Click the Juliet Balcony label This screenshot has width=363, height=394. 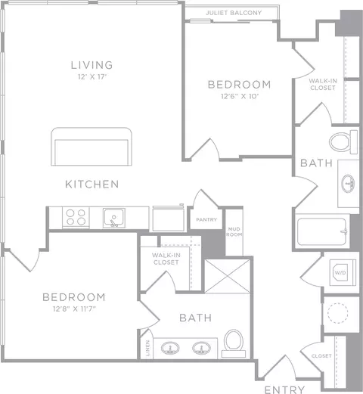(x=234, y=13)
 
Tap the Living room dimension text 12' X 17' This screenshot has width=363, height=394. (x=92, y=77)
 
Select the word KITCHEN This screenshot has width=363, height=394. (x=92, y=185)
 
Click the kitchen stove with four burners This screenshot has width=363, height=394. (x=76, y=217)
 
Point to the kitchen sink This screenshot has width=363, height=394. (x=114, y=218)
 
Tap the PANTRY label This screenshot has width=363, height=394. (x=206, y=219)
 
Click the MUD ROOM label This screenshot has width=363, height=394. (x=234, y=231)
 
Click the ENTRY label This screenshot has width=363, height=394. (x=284, y=389)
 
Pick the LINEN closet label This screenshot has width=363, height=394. (x=147, y=348)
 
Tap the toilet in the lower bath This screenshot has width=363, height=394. (x=234, y=343)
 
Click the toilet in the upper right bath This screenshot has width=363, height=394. (x=343, y=142)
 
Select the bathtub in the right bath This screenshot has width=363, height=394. (x=322, y=231)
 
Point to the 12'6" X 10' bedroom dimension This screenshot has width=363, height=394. (x=240, y=96)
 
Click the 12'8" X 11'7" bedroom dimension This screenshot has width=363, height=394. (x=74, y=309)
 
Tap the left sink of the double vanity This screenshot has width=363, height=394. (x=170, y=348)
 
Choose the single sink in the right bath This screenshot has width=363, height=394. (x=348, y=184)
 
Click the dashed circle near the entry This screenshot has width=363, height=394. (x=338, y=313)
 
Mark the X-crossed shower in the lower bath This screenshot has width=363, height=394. (x=228, y=276)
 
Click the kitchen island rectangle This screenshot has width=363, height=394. (x=92, y=147)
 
